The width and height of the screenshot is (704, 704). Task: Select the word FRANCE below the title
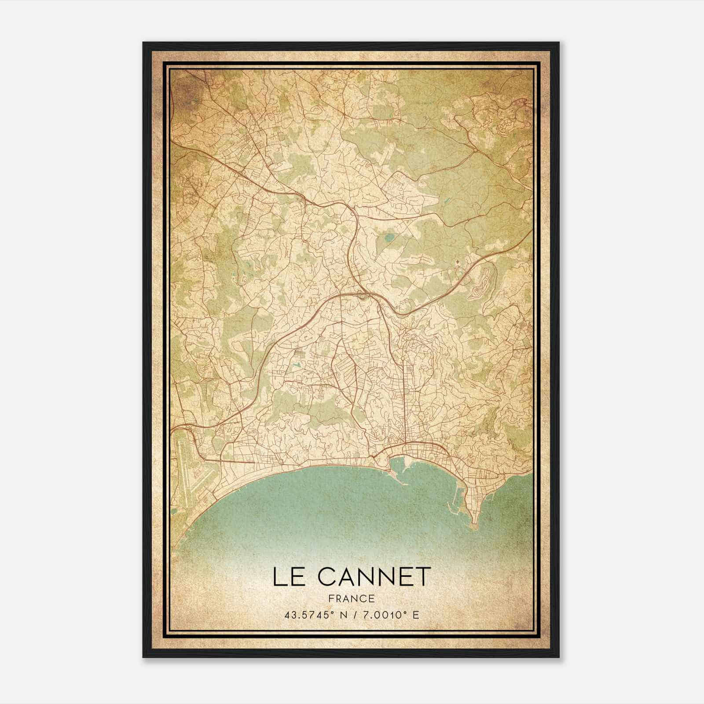tap(351, 598)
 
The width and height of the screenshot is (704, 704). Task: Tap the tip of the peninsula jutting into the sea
tap(474, 524)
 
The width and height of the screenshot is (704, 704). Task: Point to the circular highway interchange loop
tap(362, 296)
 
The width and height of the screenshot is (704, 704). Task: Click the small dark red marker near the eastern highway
tap(458, 263)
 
